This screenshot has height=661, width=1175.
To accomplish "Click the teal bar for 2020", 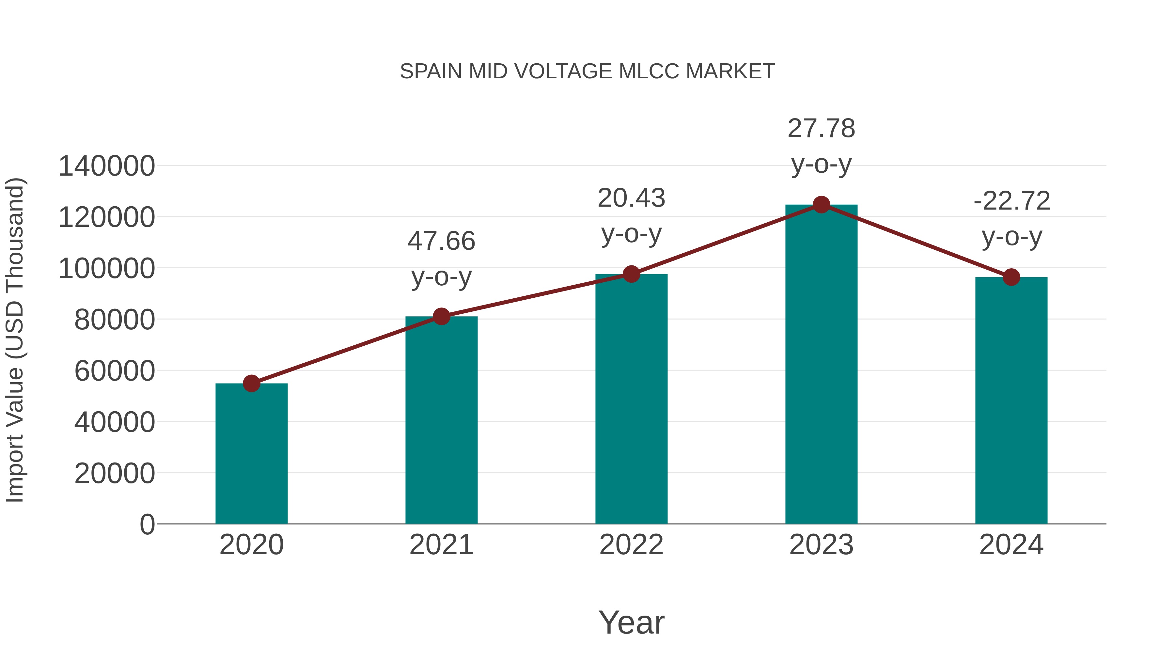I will pyautogui.click(x=251, y=454).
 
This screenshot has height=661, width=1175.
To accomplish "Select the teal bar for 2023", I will pyautogui.click(x=821, y=365).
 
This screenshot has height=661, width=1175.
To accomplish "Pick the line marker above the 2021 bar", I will pyautogui.click(x=441, y=316).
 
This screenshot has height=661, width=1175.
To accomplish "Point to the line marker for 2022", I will pyautogui.click(x=631, y=274).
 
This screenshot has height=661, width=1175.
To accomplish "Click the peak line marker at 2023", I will pyautogui.click(x=821, y=205).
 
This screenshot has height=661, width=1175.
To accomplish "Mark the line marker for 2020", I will pyautogui.click(x=251, y=383).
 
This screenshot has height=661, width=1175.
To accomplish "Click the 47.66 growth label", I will pyautogui.click(x=441, y=241).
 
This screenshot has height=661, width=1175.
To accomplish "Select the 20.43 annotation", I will pyautogui.click(x=631, y=198).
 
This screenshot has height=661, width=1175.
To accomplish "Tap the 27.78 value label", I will pyautogui.click(x=821, y=128).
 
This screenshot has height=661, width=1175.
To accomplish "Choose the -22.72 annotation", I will pyautogui.click(x=1011, y=201).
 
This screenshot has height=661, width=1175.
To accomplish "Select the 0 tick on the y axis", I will pyautogui.click(x=147, y=524).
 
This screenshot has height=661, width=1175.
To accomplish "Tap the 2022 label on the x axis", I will pyautogui.click(x=631, y=545).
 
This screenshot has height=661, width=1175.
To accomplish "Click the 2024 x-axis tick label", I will pyautogui.click(x=1011, y=545).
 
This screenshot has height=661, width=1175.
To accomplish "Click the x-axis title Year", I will pyautogui.click(x=631, y=622).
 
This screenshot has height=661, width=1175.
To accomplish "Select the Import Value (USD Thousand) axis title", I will pyautogui.click(x=15, y=340).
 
